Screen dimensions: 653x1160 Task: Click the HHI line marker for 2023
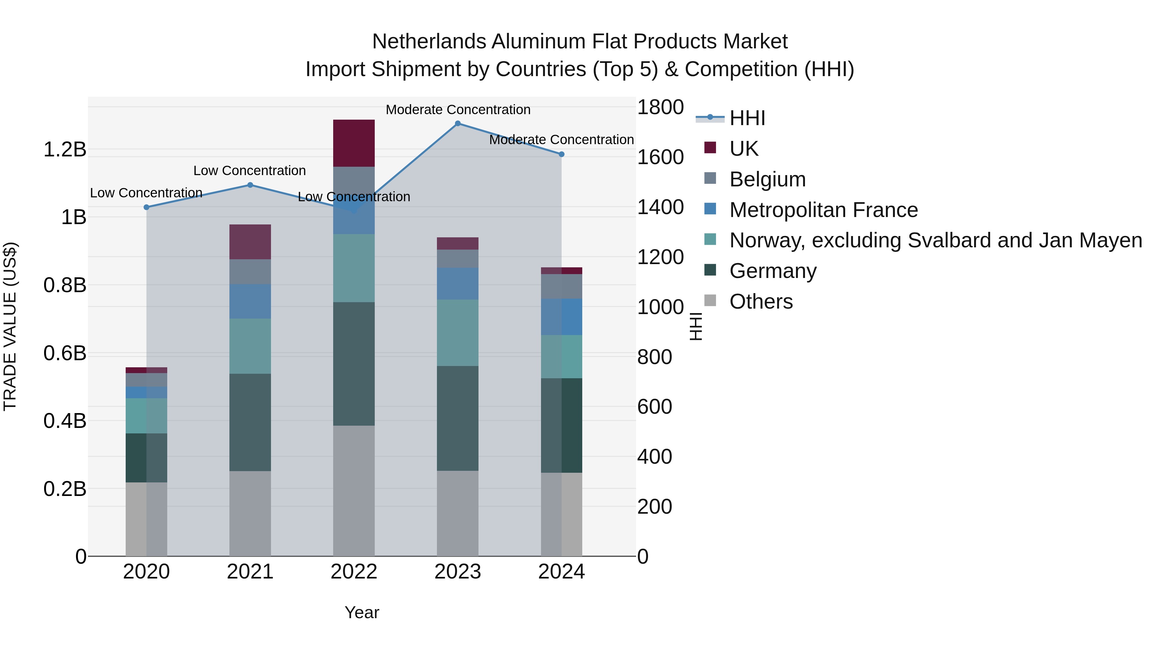click(x=458, y=124)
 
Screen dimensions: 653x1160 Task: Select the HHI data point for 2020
click(x=146, y=207)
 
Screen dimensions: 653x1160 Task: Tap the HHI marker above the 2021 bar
click(x=250, y=185)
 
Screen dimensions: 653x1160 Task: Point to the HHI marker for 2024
click(x=562, y=154)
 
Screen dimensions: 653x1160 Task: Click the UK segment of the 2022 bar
click(x=354, y=143)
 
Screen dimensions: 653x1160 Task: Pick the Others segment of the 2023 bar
click(x=458, y=513)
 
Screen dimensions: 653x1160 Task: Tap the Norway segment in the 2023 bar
click(x=458, y=332)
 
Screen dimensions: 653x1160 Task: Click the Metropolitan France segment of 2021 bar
click(x=250, y=301)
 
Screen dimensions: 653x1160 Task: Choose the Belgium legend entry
click(x=767, y=179)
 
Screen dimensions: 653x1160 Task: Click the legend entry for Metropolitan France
click(x=823, y=210)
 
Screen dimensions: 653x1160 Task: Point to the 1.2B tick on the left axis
click(x=65, y=150)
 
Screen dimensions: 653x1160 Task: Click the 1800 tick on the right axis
click(x=660, y=107)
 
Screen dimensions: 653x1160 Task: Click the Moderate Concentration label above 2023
click(x=458, y=110)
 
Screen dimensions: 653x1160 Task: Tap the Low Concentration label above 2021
click(x=249, y=171)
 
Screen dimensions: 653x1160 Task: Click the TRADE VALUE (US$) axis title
click(x=10, y=326)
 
